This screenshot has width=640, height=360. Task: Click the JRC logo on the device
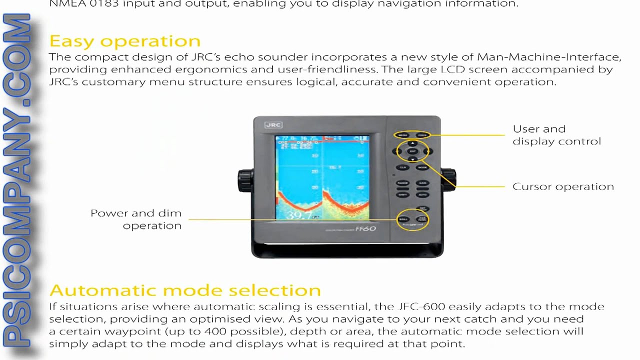(x=273, y=125)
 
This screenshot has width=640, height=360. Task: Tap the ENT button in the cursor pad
(x=412, y=151)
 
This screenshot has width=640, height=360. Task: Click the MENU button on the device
(x=403, y=135)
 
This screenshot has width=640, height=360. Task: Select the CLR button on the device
(x=403, y=167)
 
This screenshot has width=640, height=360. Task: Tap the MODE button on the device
(x=422, y=167)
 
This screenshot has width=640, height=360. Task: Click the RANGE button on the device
(x=403, y=183)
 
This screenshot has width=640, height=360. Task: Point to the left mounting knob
(x=245, y=178)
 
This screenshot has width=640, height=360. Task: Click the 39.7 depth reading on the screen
(x=298, y=215)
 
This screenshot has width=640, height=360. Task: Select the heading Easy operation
(x=125, y=40)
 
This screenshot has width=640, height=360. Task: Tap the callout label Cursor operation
(x=563, y=186)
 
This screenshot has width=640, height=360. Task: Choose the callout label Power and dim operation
(x=136, y=219)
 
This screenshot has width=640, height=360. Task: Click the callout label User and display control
(x=556, y=135)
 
